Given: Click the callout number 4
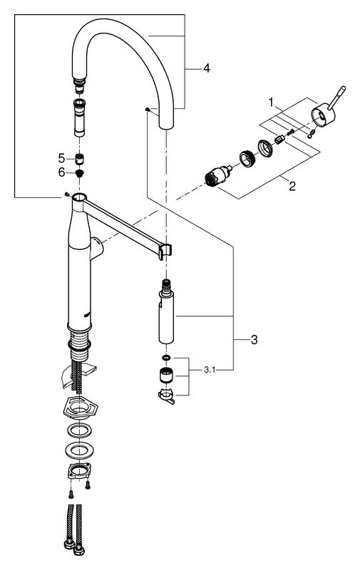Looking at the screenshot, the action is (207, 68).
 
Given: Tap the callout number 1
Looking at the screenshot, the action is (271, 103).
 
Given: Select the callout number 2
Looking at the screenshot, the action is (292, 187).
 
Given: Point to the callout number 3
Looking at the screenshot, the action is (254, 340).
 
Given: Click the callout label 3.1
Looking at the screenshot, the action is (210, 370).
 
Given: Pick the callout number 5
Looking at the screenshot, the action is (61, 158).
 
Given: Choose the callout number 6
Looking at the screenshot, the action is (61, 172).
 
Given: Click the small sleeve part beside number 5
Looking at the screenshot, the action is (79, 159).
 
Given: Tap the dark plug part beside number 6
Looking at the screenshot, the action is (79, 172).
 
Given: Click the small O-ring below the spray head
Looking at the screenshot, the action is (166, 358).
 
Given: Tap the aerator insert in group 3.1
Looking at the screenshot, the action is (166, 375).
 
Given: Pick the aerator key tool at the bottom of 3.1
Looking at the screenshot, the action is (167, 395).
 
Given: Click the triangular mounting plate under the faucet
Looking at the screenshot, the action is (77, 408).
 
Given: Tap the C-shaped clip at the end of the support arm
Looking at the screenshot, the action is (165, 252).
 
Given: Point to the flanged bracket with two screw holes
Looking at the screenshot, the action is (79, 471).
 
